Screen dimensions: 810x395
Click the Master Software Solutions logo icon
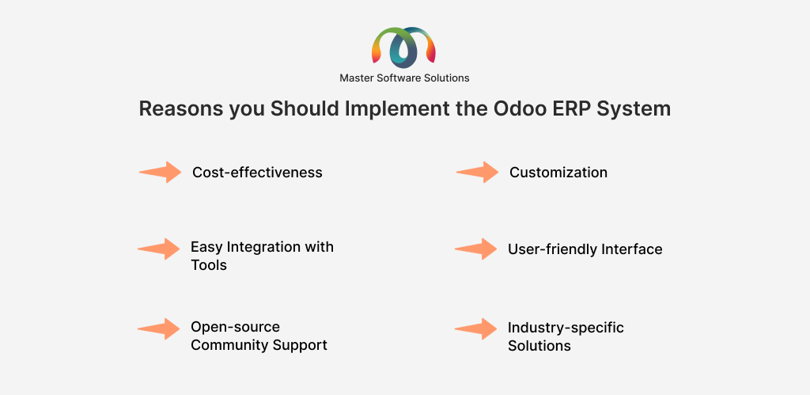click(x=404, y=48)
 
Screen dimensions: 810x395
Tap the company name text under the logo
click(x=404, y=78)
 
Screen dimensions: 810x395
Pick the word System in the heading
click(x=639, y=109)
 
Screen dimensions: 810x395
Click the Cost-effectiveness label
click(x=257, y=172)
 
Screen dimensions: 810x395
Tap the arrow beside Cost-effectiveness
click(x=160, y=172)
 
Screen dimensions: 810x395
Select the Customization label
click(x=558, y=172)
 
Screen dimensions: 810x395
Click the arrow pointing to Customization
click(x=477, y=172)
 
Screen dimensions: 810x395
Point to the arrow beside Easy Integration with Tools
click(x=158, y=249)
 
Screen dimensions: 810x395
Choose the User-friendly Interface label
click(x=585, y=249)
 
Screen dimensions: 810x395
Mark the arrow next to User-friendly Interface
click(x=475, y=249)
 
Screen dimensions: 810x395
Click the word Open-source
click(x=235, y=327)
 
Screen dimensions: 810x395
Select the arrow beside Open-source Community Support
click(x=158, y=329)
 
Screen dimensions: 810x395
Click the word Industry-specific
click(x=566, y=328)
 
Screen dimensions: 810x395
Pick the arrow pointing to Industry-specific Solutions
click(x=475, y=329)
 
